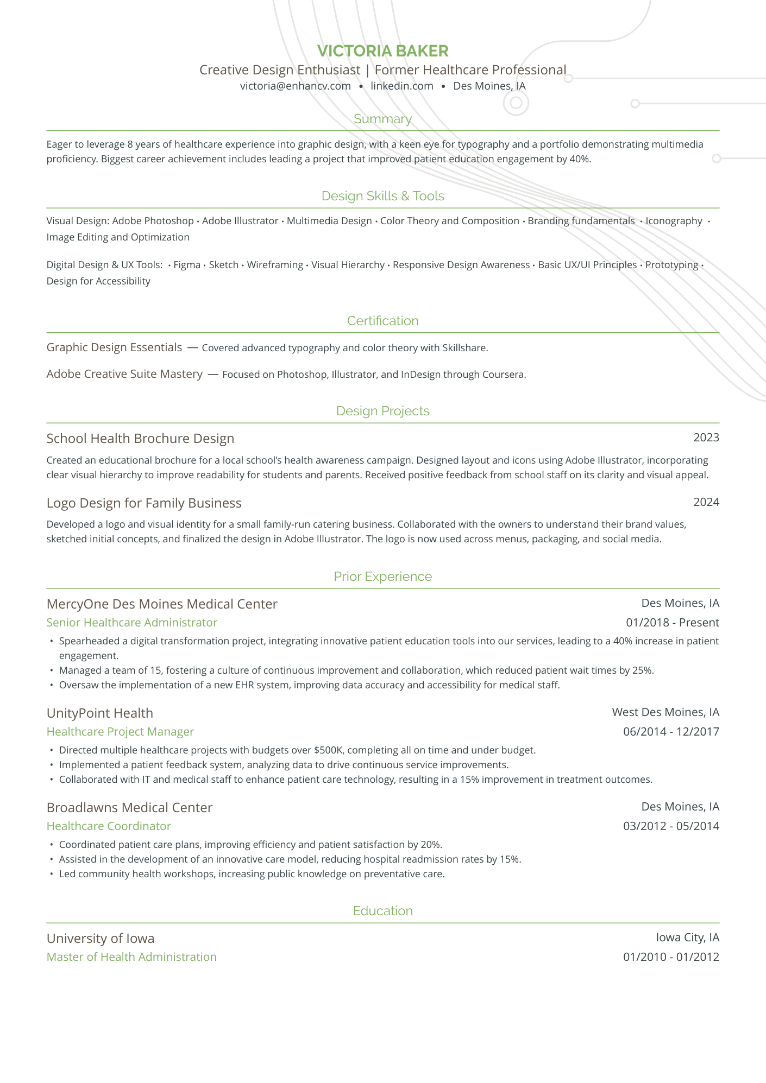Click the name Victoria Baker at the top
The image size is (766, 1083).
point(382,51)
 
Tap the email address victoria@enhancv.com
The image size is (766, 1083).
point(296,86)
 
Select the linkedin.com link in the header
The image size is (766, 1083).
point(402,86)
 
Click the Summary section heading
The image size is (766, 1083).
point(382,119)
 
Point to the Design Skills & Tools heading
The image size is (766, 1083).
point(382,196)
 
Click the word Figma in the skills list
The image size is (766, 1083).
point(187,265)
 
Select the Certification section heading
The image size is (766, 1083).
point(382,321)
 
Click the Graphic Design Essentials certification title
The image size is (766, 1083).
point(114,347)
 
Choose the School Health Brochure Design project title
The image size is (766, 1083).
point(140,439)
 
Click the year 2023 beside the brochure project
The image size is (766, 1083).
point(706,438)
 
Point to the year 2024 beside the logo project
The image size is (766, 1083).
point(706,502)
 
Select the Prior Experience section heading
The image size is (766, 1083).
point(382,577)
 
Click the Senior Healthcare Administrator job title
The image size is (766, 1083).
point(132,623)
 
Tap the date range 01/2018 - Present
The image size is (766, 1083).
point(673,623)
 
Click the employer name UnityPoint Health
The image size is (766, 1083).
point(100,713)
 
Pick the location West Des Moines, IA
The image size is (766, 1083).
point(665,712)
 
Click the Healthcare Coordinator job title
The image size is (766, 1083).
point(109,826)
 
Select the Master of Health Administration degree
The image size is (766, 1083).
point(131,957)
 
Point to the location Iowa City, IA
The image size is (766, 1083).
point(687,938)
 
